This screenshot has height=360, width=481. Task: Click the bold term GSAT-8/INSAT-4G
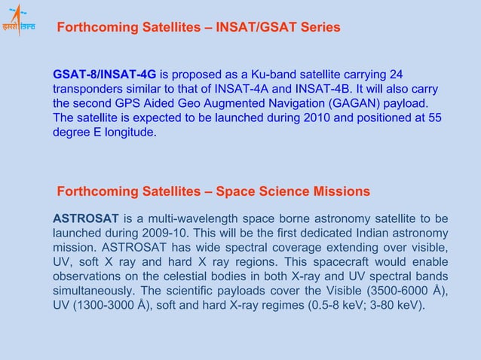coord(105,74)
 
